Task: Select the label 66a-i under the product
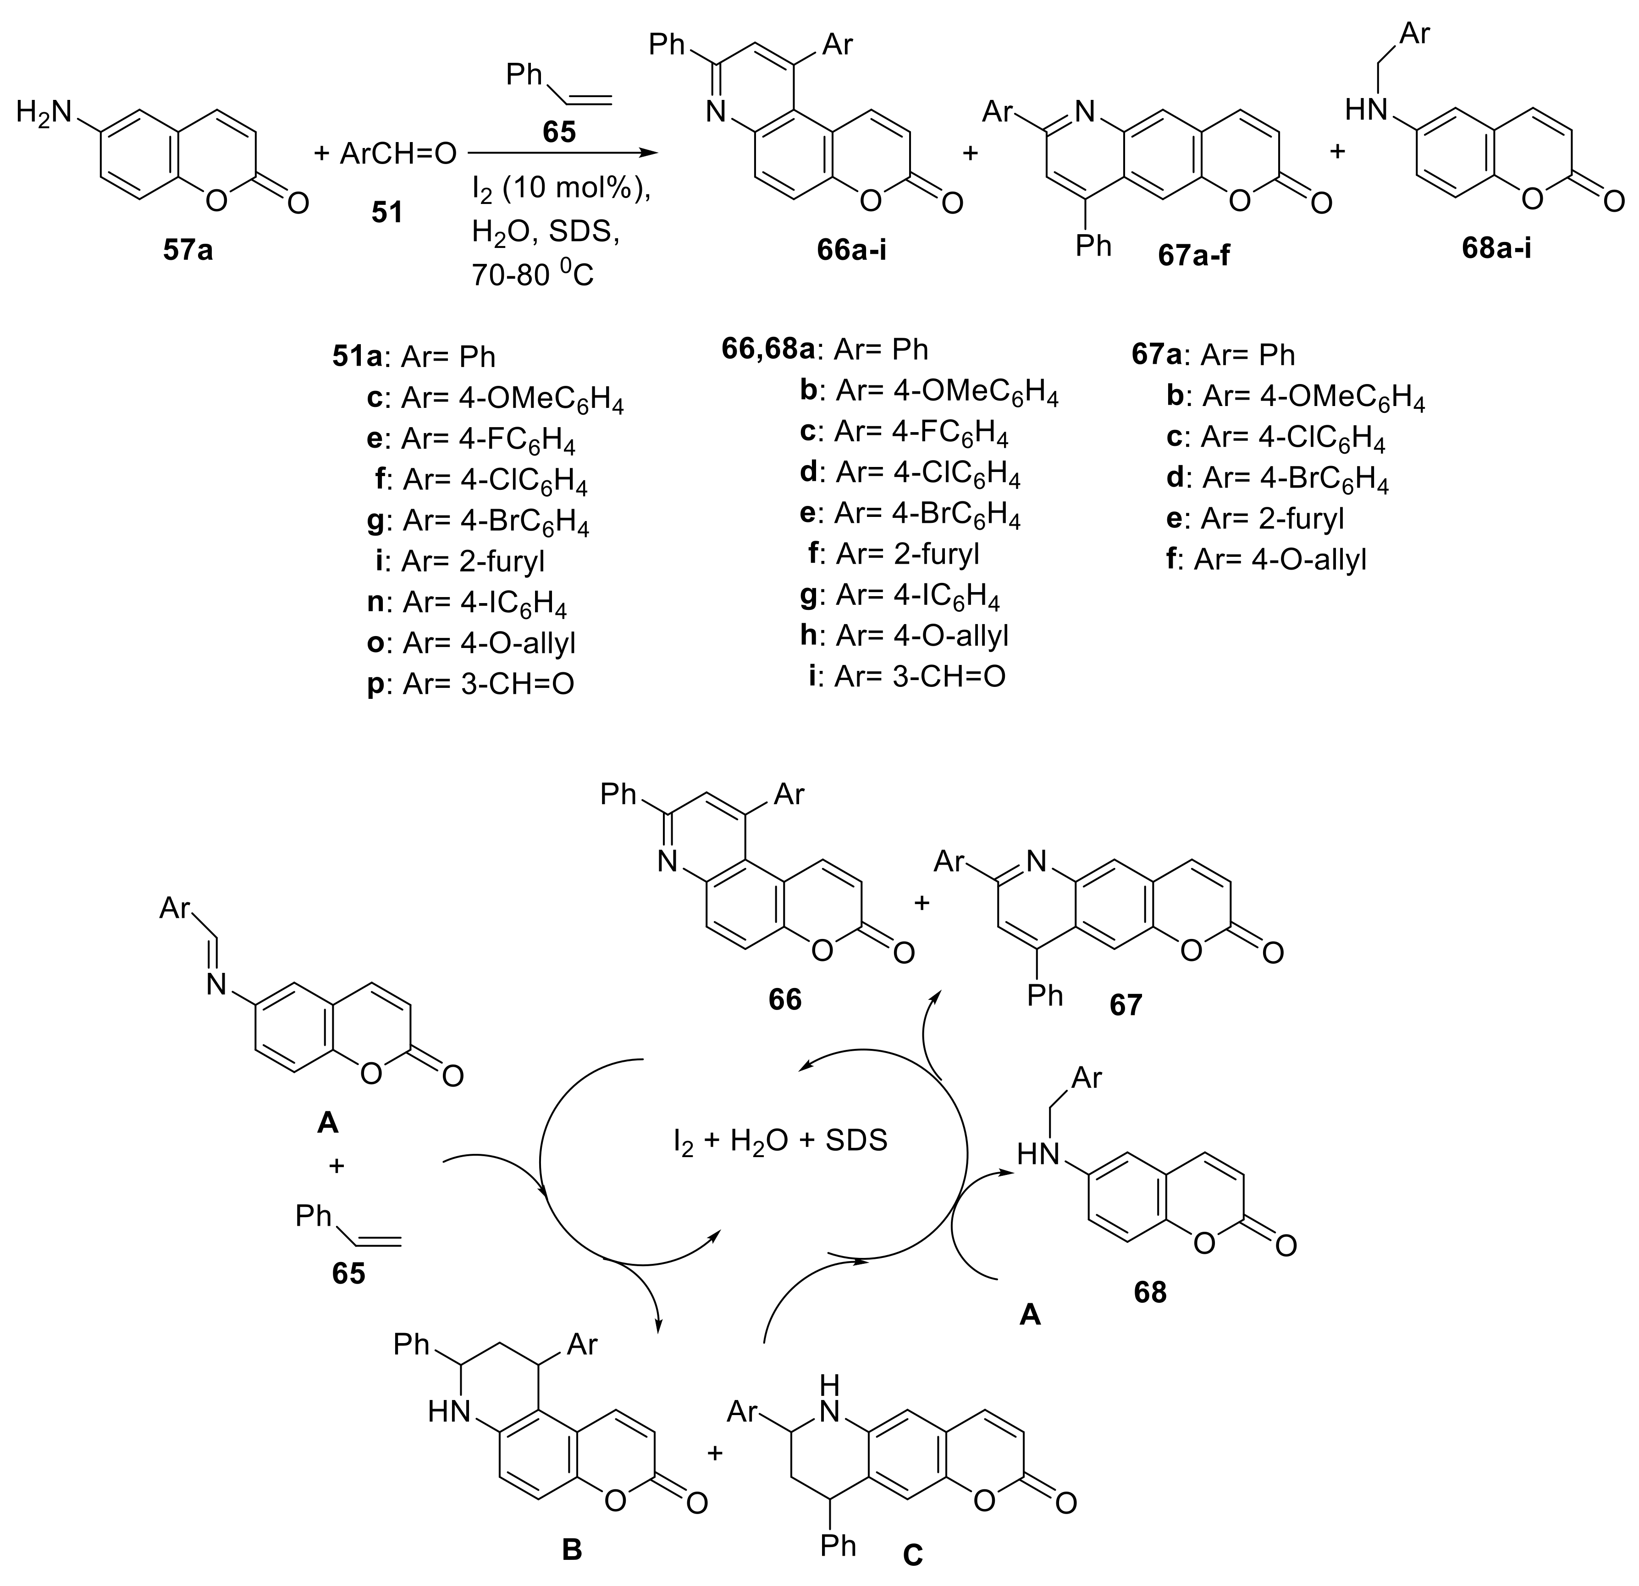tap(851, 250)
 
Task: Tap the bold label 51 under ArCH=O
tap(386, 212)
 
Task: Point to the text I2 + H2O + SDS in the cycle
tap(779, 1141)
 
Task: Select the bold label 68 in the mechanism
tap(1150, 1293)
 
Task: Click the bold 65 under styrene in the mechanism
tap(348, 1274)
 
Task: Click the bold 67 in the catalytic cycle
tap(1126, 1004)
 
